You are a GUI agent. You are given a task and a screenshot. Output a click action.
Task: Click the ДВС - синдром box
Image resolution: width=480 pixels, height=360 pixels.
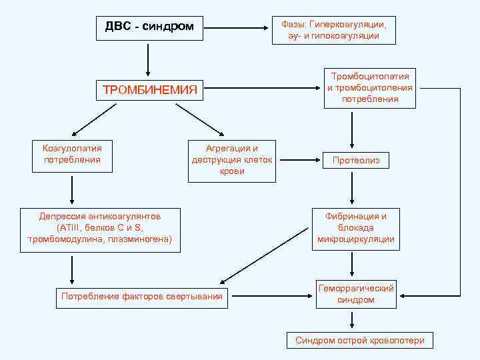pyautogui.click(x=149, y=27)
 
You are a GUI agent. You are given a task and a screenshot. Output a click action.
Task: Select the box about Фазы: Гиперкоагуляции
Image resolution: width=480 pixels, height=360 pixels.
pyautogui.click(x=333, y=30)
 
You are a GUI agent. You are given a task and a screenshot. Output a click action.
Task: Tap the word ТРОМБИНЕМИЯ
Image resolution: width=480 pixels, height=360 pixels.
pyautogui.click(x=149, y=90)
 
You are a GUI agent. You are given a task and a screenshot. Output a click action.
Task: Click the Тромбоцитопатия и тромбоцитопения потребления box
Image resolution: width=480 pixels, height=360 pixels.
pyautogui.click(x=370, y=87)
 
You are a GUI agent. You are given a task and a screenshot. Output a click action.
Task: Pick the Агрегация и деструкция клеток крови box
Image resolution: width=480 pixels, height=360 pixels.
pyautogui.click(x=231, y=160)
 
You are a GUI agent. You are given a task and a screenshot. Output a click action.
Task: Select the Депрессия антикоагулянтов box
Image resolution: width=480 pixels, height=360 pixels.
pyautogui.click(x=100, y=228)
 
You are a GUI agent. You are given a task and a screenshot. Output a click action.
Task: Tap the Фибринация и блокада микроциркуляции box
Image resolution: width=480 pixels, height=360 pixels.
pyautogui.click(x=356, y=228)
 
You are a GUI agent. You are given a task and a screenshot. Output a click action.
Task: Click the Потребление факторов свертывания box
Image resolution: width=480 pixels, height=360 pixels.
pyautogui.click(x=141, y=296)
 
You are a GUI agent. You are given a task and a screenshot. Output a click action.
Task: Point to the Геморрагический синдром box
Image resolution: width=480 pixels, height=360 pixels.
pyautogui.click(x=355, y=295)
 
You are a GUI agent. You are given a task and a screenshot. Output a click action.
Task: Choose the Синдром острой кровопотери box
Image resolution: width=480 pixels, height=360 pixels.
pyautogui.click(x=360, y=340)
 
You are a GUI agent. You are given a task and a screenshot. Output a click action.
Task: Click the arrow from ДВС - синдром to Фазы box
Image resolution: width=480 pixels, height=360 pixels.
pyautogui.click(x=237, y=28)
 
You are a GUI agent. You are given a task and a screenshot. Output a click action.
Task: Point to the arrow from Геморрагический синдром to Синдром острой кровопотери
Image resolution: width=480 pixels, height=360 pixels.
pyautogui.click(x=351, y=319)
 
